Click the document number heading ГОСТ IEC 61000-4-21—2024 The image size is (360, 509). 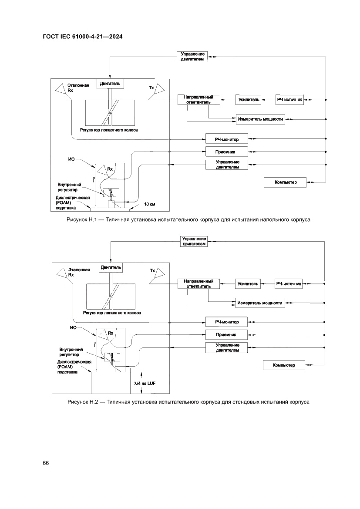click(x=82, y=37)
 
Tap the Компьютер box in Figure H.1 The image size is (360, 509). click(x=285, y=182)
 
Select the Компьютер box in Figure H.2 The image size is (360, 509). click(x=284, y=365)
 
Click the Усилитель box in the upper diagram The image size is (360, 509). click(x=249, y=100)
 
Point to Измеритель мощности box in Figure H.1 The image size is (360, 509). click(x=260, y=118)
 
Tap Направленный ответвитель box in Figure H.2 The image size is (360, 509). click(x=199, y=283)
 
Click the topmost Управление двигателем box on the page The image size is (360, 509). click(x=192, y=56)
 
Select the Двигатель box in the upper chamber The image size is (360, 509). click(x=111, y=83)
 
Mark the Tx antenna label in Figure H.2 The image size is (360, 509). click(x=152, y=271)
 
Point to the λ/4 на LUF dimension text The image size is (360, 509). click(x=145, y=383)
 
